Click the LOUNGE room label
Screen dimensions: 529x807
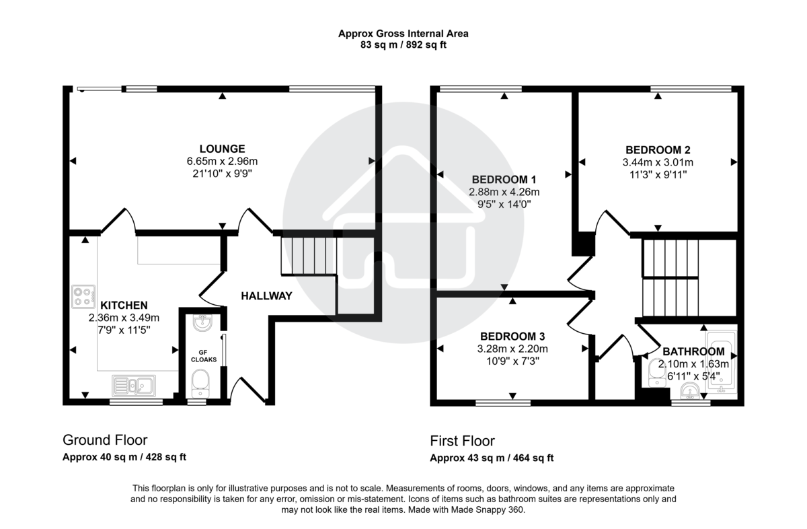click(222, 149)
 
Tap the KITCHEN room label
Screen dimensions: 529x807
click(123, 306)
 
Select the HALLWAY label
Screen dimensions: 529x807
click(266, 295)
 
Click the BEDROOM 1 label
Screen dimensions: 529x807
click(504, 180)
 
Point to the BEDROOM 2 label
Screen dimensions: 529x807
click(657, 150)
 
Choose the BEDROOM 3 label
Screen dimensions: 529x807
click(512, 337)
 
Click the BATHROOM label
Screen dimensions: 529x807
click(693, 351)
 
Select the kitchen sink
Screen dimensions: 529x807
click(134, 386)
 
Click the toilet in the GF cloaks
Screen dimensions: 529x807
click(202, 385)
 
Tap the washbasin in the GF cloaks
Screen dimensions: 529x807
click(202, 324)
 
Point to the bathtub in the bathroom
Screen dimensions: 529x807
click(722, 361)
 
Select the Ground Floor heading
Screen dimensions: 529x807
click(105, 440)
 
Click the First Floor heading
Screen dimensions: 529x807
click(462, 441)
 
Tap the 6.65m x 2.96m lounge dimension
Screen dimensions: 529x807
click(222, 162)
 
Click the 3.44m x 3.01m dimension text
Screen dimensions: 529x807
click(657, 162)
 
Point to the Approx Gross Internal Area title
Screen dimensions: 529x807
click(403, 33)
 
